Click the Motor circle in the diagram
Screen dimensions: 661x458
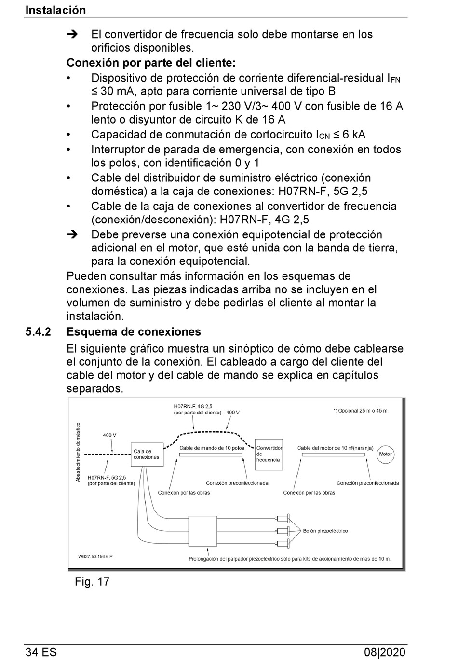385,454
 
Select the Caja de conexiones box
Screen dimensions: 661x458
146,454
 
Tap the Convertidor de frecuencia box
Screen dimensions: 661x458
269,454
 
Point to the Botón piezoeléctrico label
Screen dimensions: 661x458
325,531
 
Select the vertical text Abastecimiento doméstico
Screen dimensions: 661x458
79,452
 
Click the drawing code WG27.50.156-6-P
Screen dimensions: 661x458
95,556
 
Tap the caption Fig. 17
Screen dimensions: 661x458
92,581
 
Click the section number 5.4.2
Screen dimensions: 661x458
38,332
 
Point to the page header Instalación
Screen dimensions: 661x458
55,10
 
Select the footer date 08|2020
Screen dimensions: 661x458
385,652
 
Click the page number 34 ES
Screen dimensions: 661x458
41,652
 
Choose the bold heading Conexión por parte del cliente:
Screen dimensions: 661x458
151,63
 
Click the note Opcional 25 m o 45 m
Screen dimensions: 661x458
360,411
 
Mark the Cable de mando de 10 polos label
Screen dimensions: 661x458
212,448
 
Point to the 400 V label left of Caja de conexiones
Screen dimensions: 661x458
109,435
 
